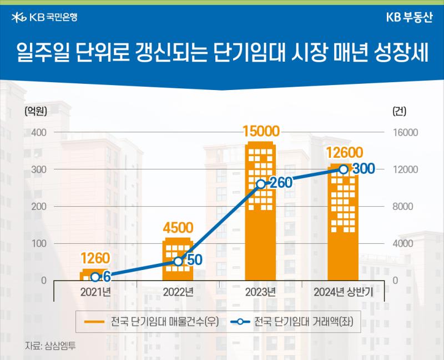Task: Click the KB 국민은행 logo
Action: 44,18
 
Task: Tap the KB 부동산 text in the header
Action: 410,18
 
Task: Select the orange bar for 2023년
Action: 260,211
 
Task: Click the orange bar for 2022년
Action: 178,259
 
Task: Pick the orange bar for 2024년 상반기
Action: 343,222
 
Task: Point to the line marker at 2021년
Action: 95,277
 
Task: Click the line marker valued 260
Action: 261,184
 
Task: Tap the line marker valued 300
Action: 343,169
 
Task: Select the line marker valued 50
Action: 178,261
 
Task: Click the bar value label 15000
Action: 261,131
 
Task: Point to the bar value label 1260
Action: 95,258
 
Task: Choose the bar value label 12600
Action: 344,153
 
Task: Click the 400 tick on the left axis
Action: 39,132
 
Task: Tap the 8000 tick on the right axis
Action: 403,206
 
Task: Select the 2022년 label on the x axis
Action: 178,292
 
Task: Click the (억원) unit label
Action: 36,111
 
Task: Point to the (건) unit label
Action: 399,111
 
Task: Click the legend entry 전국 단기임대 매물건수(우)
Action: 152,322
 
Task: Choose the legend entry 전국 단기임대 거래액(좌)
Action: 292,322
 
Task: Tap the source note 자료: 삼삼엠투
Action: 51,346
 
